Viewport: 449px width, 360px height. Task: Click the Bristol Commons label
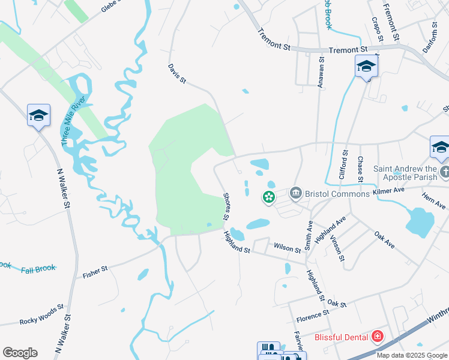pos(338,194)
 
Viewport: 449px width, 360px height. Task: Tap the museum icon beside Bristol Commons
pos(295,193)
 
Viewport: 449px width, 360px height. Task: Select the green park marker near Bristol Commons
pos(268,196)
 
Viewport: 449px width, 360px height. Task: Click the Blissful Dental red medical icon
pos(378,337)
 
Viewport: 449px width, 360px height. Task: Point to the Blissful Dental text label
pos(342,337)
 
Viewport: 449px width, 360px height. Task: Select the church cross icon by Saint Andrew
pos(445,173)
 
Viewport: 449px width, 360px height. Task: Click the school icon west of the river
pos(38,115)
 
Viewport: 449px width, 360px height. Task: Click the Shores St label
pos(228,206)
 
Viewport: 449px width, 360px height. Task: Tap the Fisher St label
pos(95,272)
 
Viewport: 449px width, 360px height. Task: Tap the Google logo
pos(20,353)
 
